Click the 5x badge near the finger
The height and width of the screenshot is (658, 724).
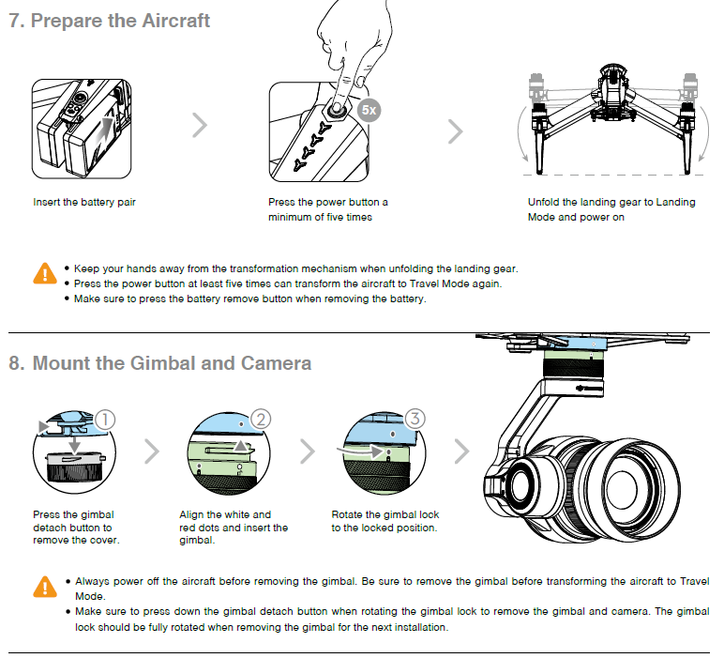(369, 110)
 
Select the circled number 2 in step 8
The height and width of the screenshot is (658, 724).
(262, 420)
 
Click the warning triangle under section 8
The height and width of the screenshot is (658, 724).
(44, 588)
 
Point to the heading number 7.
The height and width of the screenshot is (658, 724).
(16, 21)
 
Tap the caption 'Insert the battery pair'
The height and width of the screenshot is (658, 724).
(84, 202)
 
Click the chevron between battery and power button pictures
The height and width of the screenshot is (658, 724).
(199, 126)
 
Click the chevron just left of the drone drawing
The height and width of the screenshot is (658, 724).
(455, 130)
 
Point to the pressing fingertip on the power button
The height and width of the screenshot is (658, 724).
(335, 109)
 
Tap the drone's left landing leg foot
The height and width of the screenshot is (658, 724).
(541, 172)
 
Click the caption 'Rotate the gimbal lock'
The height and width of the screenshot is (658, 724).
(385, 514)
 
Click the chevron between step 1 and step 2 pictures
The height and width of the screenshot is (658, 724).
(152, 451)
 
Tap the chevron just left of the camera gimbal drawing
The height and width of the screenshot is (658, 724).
(460, 451)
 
